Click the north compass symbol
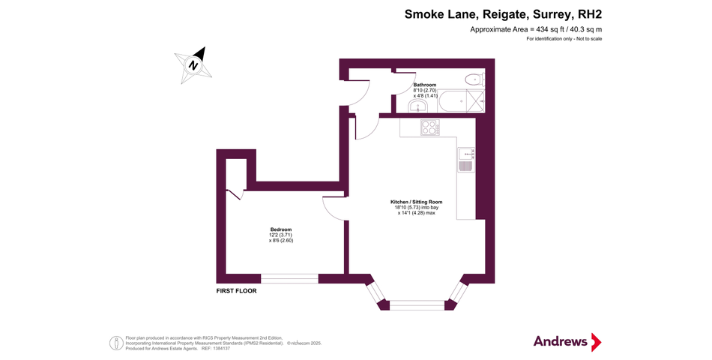pyautogui.click(x=193, y=64)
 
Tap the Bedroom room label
pyautogui.click(x=281, y=229)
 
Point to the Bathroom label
pyautogui.click(x=425, y=85)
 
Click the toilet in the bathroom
pyautogui.click(x=473, y=79)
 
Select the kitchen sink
pyautogui.click(x=465, y=164)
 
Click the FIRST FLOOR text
pyautogui.click(x=236, y=290)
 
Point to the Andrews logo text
pyautogui.click(x=561, y=341)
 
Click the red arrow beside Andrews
pyautogui.click(x=597, y=342)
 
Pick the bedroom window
pyautogui.click(x=289, y=278)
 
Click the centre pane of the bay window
pyautogui.click(x=417, y=304)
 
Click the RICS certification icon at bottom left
pyautogui.click(x=117, y=343)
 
